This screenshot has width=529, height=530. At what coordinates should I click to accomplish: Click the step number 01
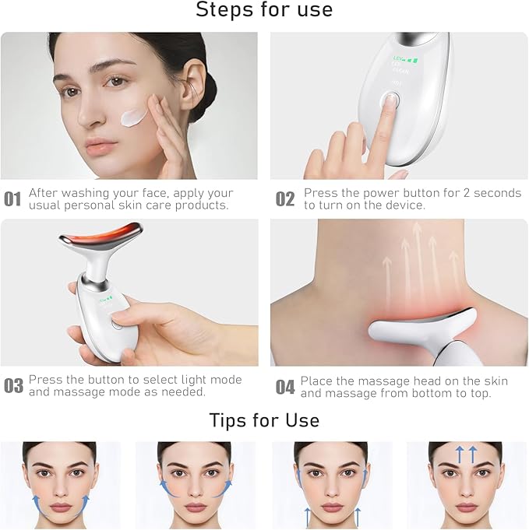click(12, 199)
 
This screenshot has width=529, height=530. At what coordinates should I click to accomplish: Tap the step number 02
click(285, 199)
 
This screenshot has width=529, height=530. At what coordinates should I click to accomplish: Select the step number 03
click(13, 386)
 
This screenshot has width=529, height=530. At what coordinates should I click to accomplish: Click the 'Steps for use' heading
click(264, 10)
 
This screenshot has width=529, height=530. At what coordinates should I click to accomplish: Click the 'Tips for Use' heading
click(264, 420)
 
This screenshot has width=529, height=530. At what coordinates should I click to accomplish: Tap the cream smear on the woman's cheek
click(134, 118)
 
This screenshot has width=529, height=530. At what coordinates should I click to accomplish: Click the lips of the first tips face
click(60, 507)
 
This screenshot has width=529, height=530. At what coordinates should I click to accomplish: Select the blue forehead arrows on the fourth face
click(466, 454)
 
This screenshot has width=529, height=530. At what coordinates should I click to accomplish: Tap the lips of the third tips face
click(331, 507)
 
